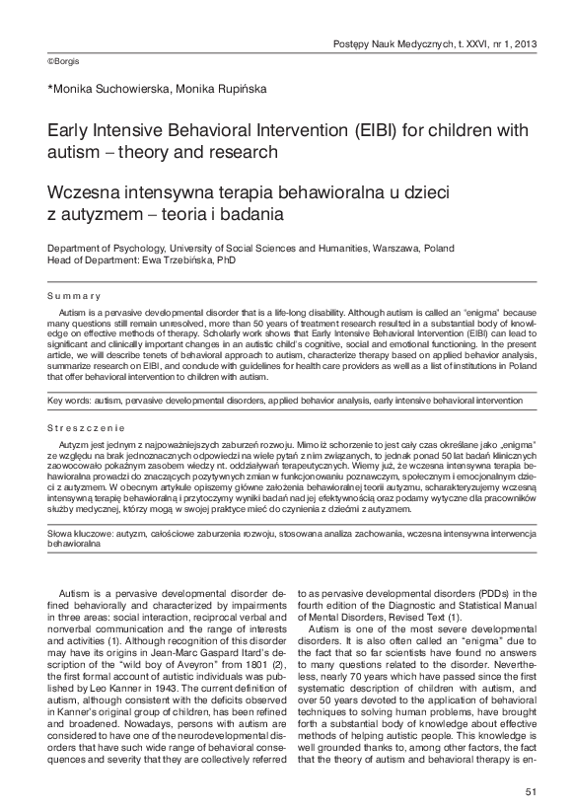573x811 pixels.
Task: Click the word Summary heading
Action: point(74,296)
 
